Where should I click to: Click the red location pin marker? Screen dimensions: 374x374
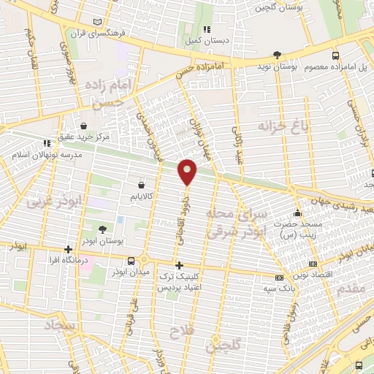point(188,171)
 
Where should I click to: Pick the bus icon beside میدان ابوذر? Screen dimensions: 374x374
point(131,261)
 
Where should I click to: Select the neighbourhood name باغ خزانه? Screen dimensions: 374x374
point(278,129)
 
